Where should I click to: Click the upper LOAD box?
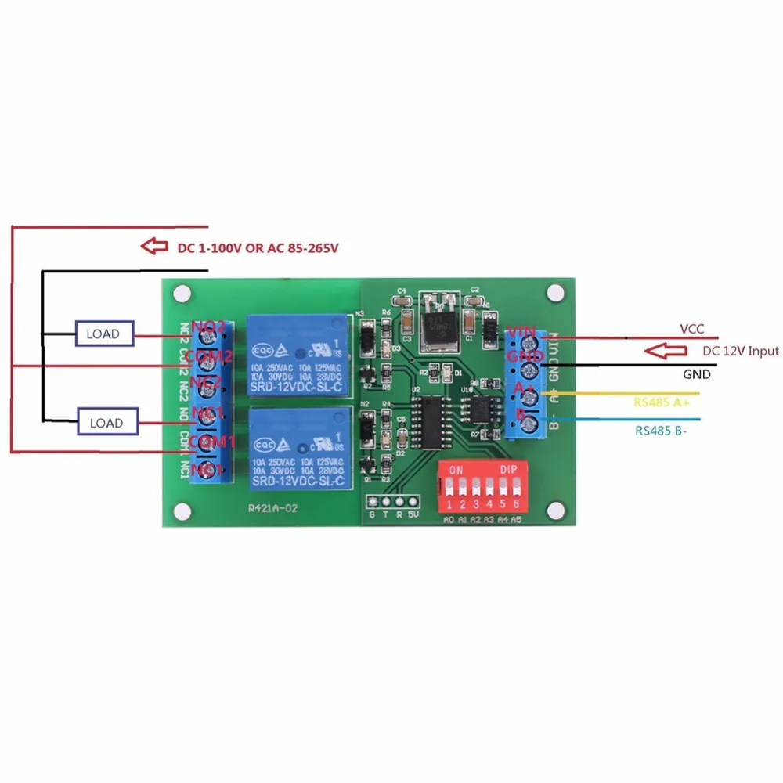click(x=104, y=334)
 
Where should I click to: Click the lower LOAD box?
click(x=106, y=423)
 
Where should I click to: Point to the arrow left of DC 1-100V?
click(x=154, y=247)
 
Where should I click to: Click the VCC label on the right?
click(x=692, y=330)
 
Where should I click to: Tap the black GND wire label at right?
click(x=696, y=374)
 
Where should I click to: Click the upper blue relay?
click(x=297, y=353)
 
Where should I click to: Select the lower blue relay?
click(x=297, y=446)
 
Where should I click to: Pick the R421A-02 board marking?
click(x=272, y=507)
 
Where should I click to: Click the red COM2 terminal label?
click(x=207, y=357)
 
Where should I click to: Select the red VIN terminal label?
click(x=521, y=333)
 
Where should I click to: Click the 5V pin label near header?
click(x=414, y=514)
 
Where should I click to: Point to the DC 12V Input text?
click(x=740, y=351)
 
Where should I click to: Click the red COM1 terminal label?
click(x=207, y=442)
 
